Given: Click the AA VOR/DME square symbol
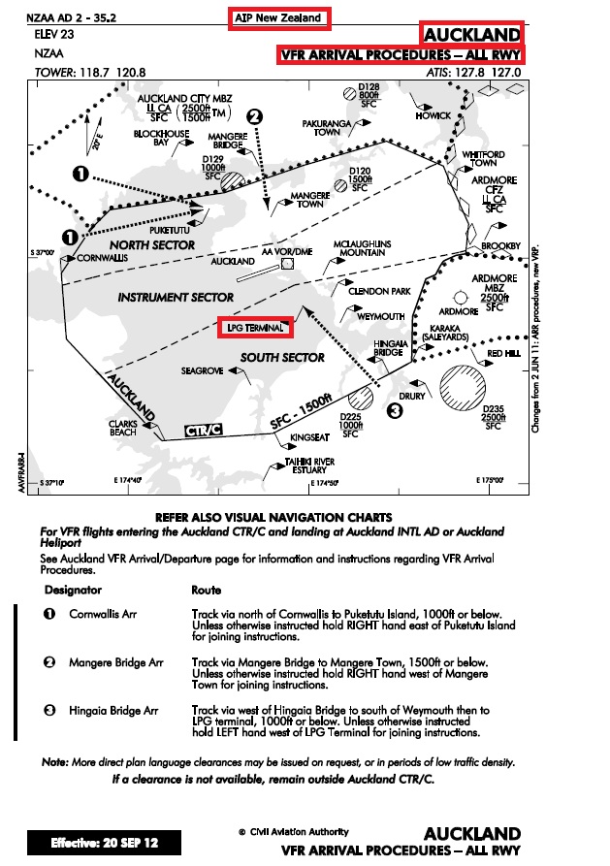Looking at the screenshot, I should pyautogui.click(x=287, y=263).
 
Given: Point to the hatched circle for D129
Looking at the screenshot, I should pyautogui.click(x=232, y=180).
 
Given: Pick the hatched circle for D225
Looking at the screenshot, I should pyautogui.click(x=361, y=397).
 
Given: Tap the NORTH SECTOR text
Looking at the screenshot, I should pyautogui.click(x=152, y=245).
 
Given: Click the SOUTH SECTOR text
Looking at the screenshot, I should pyautogui.click(x=283, y=358).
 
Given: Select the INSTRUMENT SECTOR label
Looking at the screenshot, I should pyautogui.click(x=176, y=298).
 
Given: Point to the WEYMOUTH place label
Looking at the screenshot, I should pyautogui.click(x=381, y=317).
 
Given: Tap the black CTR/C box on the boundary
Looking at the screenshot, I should pyautogui.click(x=203, y=430).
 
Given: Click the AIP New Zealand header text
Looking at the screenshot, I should pyautogui.click(x=279, y=18).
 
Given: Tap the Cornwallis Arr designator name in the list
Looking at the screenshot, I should pyautogui.click(x=103, y=614).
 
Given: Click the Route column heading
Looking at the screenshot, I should pyautogui.click(x=207, y=590).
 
